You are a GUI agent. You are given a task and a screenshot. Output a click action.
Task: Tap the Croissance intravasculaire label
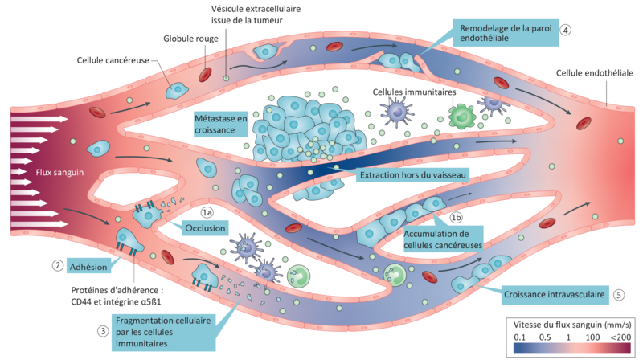pyautogui.click(x=554, y=293)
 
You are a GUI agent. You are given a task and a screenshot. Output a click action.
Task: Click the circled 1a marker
pyautogui.click(x=207, y=213)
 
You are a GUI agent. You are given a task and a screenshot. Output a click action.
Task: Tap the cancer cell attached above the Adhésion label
pyautogui.click(x=129, y=239)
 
